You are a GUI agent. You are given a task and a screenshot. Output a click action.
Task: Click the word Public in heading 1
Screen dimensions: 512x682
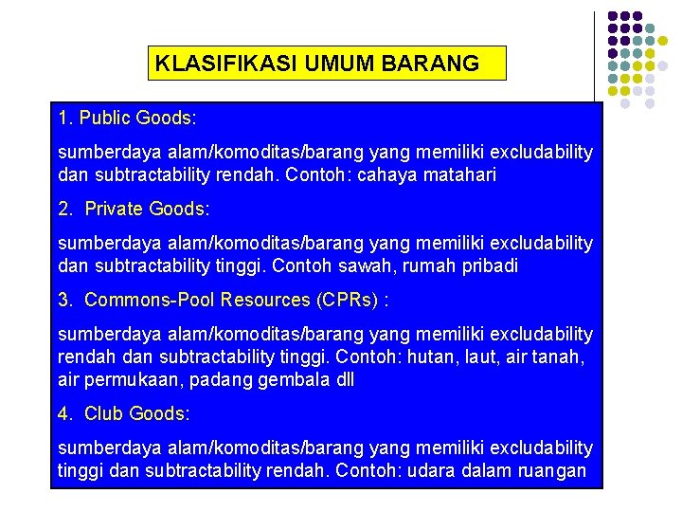(105, 119)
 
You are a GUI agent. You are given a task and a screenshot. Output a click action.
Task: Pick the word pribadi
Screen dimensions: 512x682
(488, 266)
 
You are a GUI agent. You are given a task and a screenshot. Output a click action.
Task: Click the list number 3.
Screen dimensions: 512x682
(63, 300)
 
